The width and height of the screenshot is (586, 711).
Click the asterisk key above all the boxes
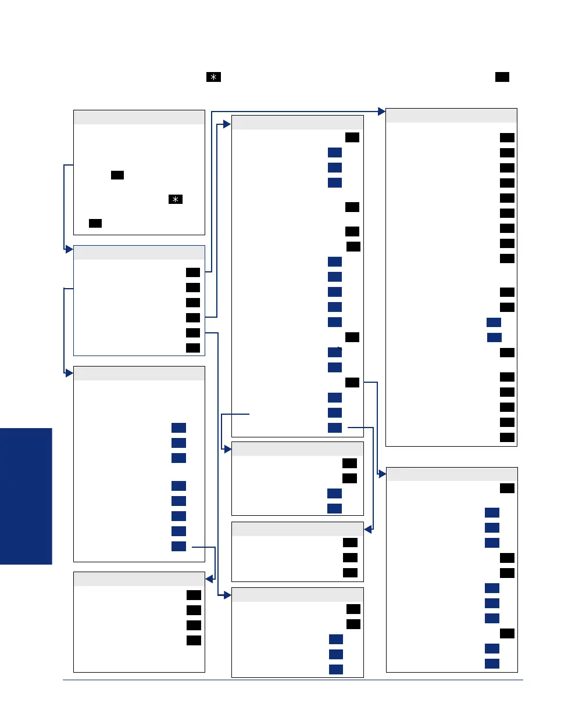(213, 78)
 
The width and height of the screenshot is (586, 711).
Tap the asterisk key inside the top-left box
(175, 199)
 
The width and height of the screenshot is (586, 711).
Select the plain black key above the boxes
(502, 77)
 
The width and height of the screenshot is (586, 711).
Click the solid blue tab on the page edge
(26, 496)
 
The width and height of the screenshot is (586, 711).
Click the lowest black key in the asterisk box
(95, 223)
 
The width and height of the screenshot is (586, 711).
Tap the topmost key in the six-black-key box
(193, 272)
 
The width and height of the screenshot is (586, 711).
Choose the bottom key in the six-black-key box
(193, 347)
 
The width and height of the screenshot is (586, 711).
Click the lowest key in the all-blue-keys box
(178, 546)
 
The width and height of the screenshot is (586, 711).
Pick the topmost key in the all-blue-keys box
(178, 428)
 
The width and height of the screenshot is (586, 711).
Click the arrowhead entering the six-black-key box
(69, 249)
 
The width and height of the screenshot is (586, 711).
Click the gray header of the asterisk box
(139, 117)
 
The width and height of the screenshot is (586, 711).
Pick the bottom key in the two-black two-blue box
(334, 508)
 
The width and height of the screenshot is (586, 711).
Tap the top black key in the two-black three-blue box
(353, 609)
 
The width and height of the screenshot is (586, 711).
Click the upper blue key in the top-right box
(494, 322)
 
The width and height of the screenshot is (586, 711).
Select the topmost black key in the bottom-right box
(507, 488)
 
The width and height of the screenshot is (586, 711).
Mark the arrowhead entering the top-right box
(382, 110)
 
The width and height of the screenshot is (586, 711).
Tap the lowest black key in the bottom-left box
(194, 640)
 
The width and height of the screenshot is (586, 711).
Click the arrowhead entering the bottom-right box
(382, 475)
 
